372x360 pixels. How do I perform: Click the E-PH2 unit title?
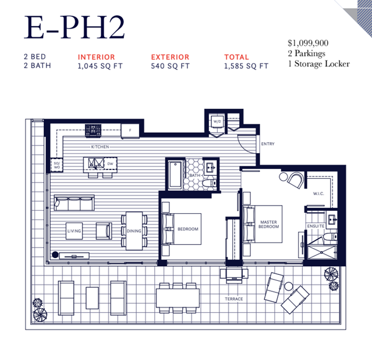[x=75, y=27]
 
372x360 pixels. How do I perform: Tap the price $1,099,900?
[x=308, y=43]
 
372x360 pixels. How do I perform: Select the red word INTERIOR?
[x=96, y=57]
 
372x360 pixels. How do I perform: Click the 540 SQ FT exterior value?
[x=171, y=66]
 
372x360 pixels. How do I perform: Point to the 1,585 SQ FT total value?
[x=246, y=66]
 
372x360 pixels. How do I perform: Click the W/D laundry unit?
[x=217, y=122]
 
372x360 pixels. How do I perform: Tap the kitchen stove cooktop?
[x=93, y=130]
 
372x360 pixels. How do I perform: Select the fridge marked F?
[x=130, y=130]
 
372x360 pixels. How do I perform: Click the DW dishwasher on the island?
[x=110, y=164]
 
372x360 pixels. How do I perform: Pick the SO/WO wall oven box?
[x=56, y=165]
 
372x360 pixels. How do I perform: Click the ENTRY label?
[x=268, y=144]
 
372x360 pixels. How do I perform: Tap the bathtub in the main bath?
[x=175, y=175]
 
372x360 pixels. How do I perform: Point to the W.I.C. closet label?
[x=318, y=193]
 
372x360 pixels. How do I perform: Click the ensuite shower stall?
[x=322, y=252]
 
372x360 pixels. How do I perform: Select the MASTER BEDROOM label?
[x=268, y=224]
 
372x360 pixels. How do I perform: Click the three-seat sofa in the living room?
[x=75, y=203]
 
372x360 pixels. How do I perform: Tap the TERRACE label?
[x=234, y=299]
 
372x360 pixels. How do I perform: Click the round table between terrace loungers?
[x=289, y=286]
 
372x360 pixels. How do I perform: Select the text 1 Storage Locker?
[x=319, y=64]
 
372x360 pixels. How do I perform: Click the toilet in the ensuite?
[x=330, y=237]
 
